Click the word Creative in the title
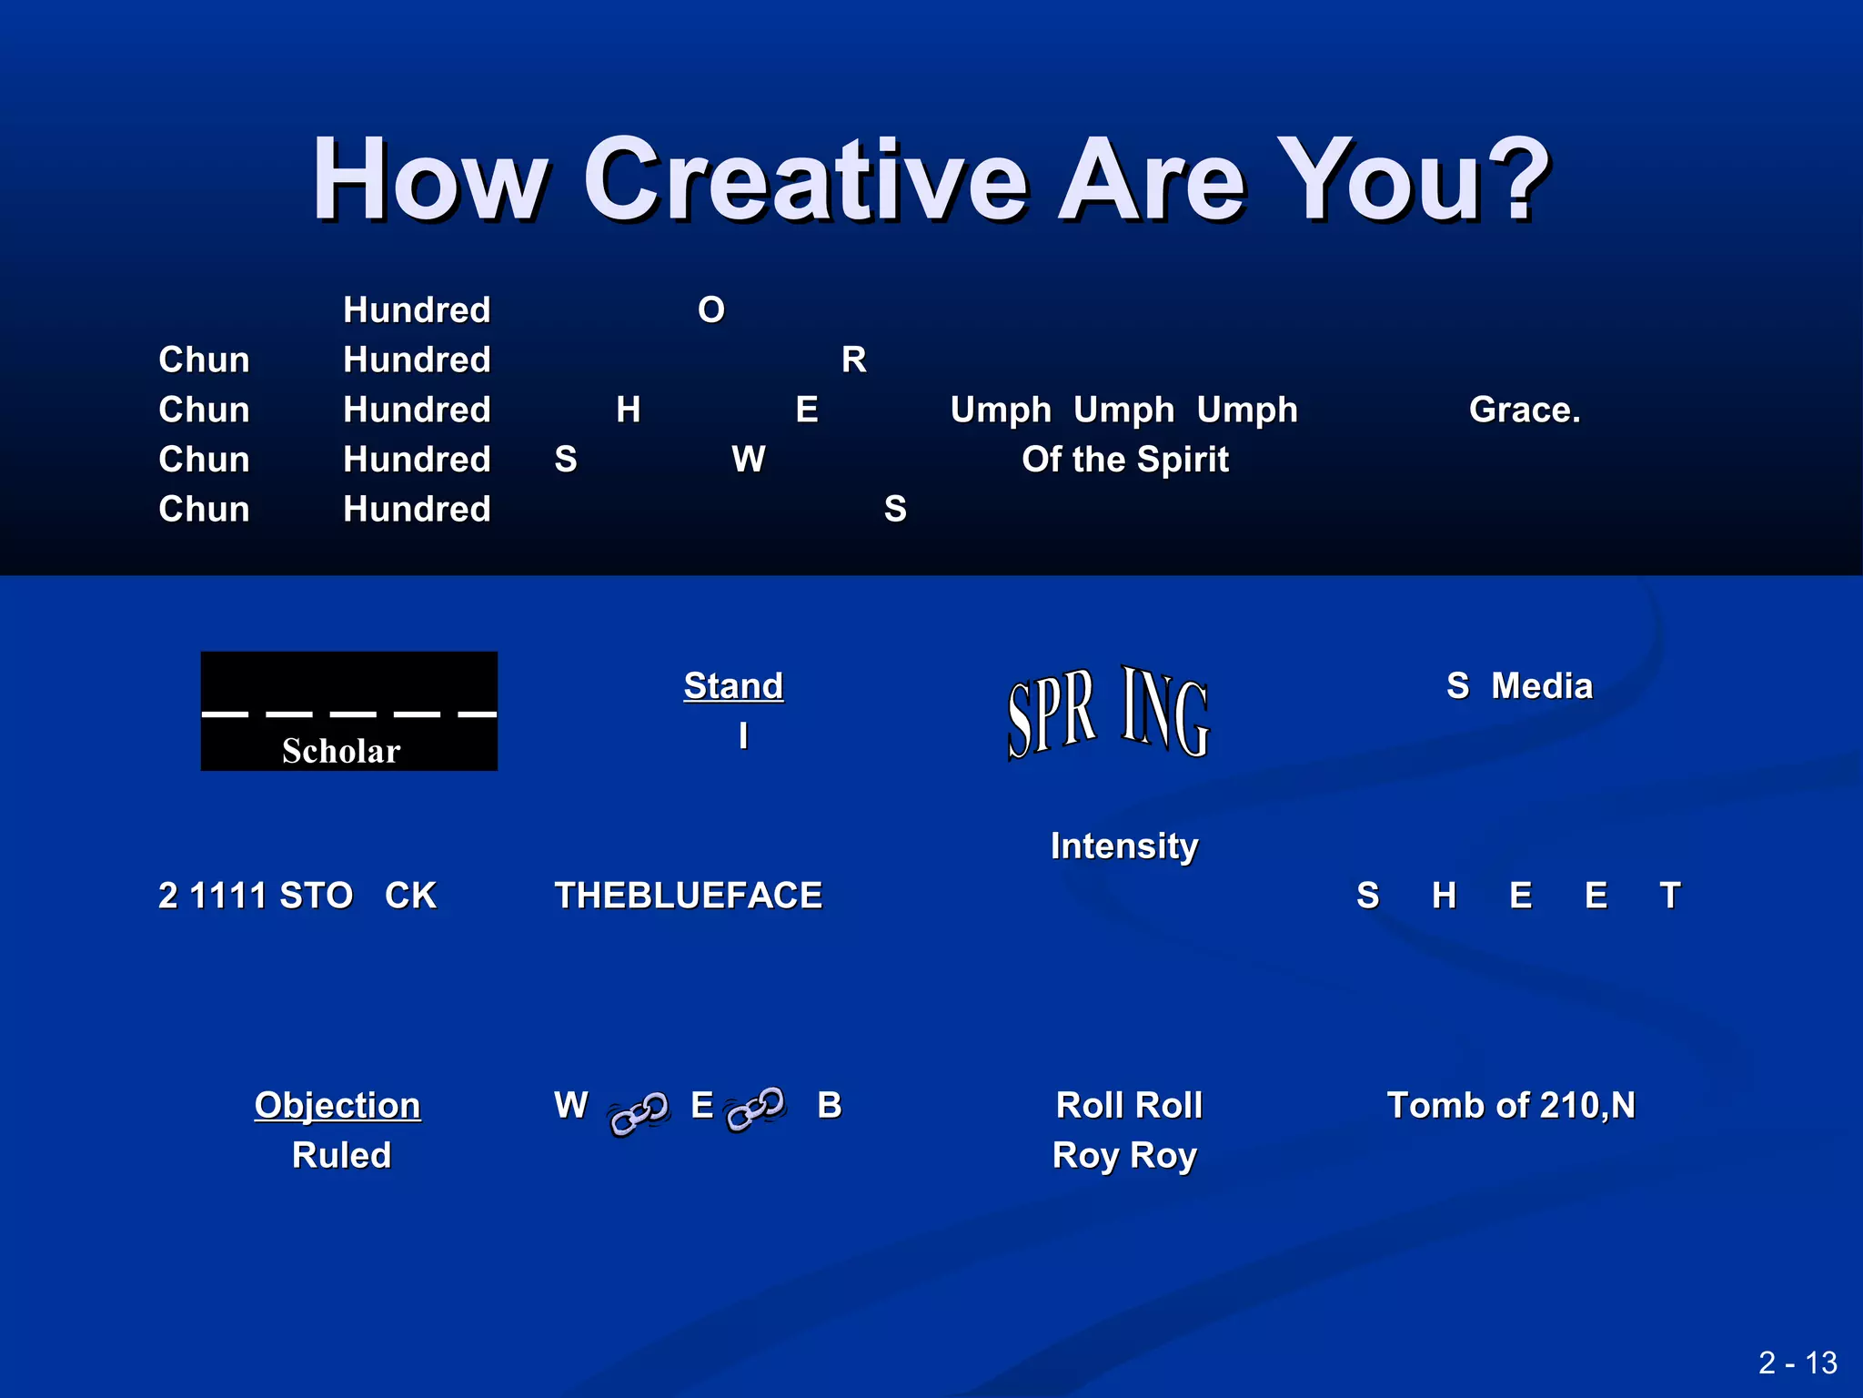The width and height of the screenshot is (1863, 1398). point(805,179)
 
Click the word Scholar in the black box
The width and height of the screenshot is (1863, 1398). point(341,751)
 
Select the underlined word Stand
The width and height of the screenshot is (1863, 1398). point(733,685)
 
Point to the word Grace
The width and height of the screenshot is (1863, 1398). point(1525,410)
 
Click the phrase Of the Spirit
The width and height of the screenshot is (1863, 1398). point(1125,460)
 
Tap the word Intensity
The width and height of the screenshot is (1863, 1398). point(1124,846)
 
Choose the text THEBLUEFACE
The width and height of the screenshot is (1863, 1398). point(689,896)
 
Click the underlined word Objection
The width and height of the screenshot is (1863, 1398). point(337,1105)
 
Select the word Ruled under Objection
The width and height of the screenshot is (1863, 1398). point(341,1155)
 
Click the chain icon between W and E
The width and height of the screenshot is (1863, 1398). point(639,1113)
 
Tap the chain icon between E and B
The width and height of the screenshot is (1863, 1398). point(756,1109)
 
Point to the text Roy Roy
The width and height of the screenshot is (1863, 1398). point(1124,1155)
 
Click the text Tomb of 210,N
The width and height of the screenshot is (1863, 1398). point(1511,1105)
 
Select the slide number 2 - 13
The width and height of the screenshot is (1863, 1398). point(1798,1363)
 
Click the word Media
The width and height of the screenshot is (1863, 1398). point(1542,685)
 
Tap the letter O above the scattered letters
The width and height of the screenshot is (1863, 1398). point(711,310)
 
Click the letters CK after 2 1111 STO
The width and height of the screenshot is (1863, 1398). point(410,896)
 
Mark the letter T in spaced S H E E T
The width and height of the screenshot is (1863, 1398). point(1669,896)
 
